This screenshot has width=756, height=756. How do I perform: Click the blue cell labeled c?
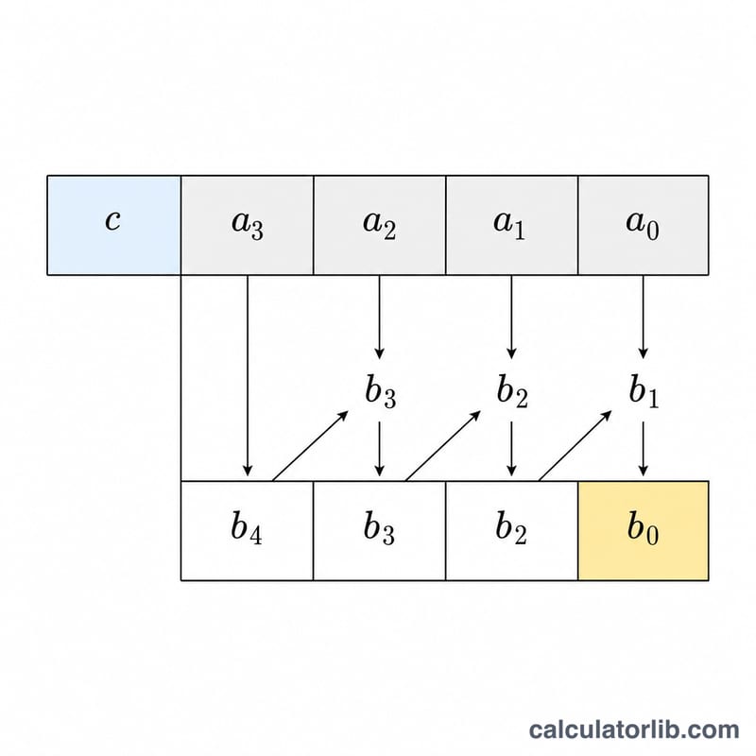[113, 225]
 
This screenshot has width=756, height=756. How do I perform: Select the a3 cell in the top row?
[247, 225]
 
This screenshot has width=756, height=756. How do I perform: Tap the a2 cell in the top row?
[380, 225]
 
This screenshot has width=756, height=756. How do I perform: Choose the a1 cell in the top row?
[511, 225]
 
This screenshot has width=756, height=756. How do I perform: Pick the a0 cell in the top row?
[644, 225]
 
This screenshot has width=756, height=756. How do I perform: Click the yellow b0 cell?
[644, 530]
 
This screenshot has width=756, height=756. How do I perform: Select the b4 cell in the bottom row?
[247, 530]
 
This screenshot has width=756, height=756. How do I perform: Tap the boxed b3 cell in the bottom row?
[380, 530]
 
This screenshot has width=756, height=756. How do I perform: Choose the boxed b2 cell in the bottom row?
[511, 530]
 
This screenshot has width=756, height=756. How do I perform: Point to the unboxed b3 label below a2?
[381, 391]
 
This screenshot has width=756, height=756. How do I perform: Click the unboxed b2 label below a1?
[512, 391]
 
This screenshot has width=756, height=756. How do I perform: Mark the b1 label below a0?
[644, 391]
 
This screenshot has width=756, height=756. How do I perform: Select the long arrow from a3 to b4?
[248, 375]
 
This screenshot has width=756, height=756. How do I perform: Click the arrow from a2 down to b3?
[380, 318]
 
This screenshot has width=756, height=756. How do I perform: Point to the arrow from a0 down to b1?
[643, 318]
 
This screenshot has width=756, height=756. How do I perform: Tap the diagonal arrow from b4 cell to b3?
[311, 445]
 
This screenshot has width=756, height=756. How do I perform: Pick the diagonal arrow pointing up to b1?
[576, 445]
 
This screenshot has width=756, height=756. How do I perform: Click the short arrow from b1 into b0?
[643, 449]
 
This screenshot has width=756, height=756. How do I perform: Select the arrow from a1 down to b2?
[511, 318]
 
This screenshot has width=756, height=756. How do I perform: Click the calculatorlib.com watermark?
[634, 730]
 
